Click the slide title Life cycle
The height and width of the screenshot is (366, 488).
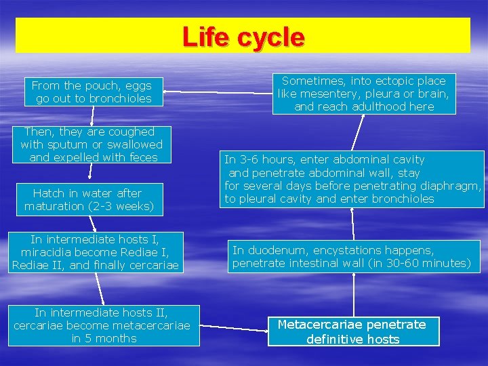click(x=243, y=37)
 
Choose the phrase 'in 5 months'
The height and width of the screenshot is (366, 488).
click(x=104, y=338)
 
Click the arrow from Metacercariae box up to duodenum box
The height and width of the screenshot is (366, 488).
click(x=354, y=293)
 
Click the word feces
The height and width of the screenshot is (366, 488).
click(x=142, y=157)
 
